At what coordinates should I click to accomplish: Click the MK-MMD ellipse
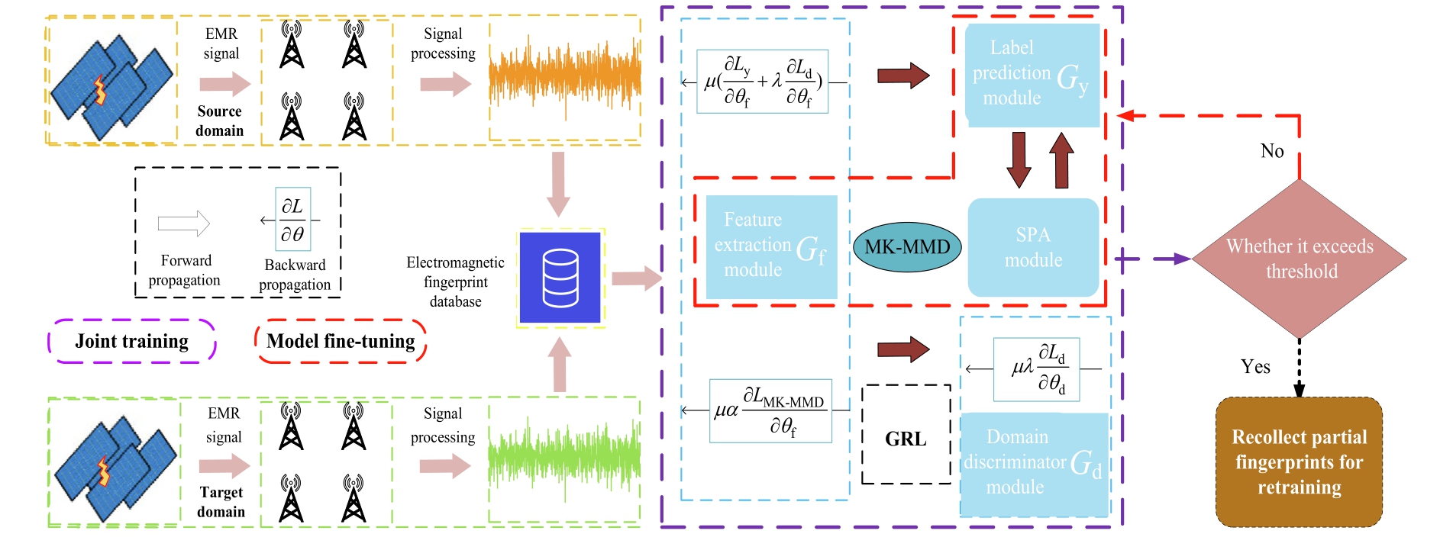906,247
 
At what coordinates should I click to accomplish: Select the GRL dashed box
906,435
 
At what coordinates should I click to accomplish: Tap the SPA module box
1033,247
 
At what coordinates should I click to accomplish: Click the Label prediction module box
1032,74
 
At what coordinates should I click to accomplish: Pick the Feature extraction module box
771,246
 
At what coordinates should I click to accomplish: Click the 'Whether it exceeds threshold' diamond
1300,259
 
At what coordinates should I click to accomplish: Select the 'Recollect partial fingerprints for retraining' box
1299,462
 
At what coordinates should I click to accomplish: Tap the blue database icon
560,278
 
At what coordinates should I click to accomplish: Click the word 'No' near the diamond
1272,151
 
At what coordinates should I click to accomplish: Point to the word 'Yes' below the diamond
1255,367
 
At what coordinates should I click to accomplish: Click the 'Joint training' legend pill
132,341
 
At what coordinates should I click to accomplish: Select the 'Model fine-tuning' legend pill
341,341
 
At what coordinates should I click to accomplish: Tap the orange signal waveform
564,77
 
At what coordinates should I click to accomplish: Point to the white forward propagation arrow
183,224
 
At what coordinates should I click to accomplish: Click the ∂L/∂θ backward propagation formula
292,220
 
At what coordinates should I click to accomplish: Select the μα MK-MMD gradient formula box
770,411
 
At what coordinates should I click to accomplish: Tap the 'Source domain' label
220,121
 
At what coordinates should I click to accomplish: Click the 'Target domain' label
221,502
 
